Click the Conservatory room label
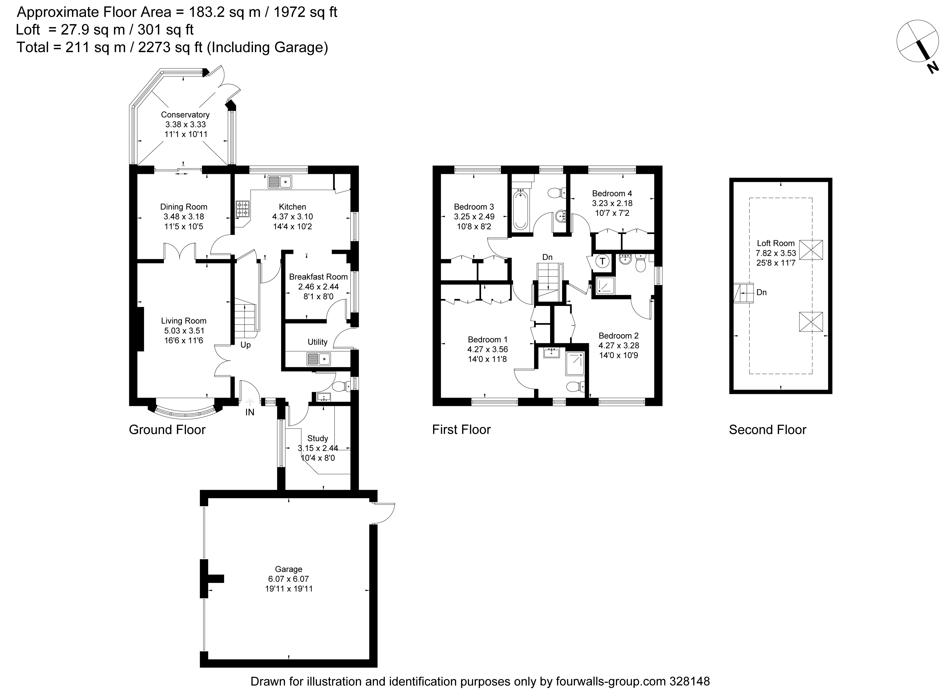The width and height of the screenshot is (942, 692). [x=185, y=115]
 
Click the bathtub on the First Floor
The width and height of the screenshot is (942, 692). [x=520, y=209]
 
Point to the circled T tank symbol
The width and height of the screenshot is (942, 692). [x=602, y=261]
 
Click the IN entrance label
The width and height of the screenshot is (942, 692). [x=250, y=412]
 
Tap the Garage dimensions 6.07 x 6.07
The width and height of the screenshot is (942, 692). [x=289, y=579]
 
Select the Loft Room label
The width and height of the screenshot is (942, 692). [x=776, y=243]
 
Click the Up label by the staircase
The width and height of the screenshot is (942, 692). [x=246, y=345]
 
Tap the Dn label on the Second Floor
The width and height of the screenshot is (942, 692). [x=762, y=292]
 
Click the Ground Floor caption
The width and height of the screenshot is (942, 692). [x=167, y=430]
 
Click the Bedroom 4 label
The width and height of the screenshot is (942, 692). [x=612, y=193]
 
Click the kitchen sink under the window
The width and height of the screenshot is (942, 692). [x=280, y=182]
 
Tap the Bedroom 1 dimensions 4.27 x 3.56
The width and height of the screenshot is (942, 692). [x=488, y=349]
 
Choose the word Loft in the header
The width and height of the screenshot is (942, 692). [x=28, y=30]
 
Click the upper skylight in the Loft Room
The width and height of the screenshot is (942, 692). [x=811, y=250]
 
